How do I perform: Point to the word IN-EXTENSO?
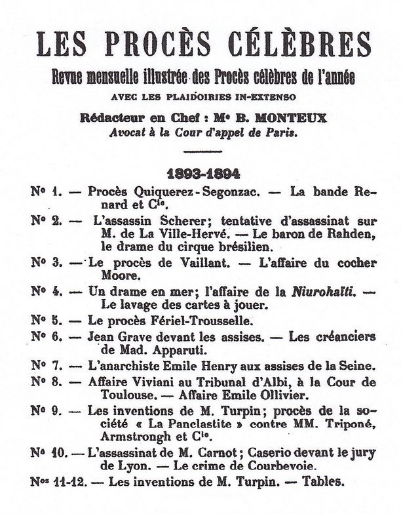pos(269,97)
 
